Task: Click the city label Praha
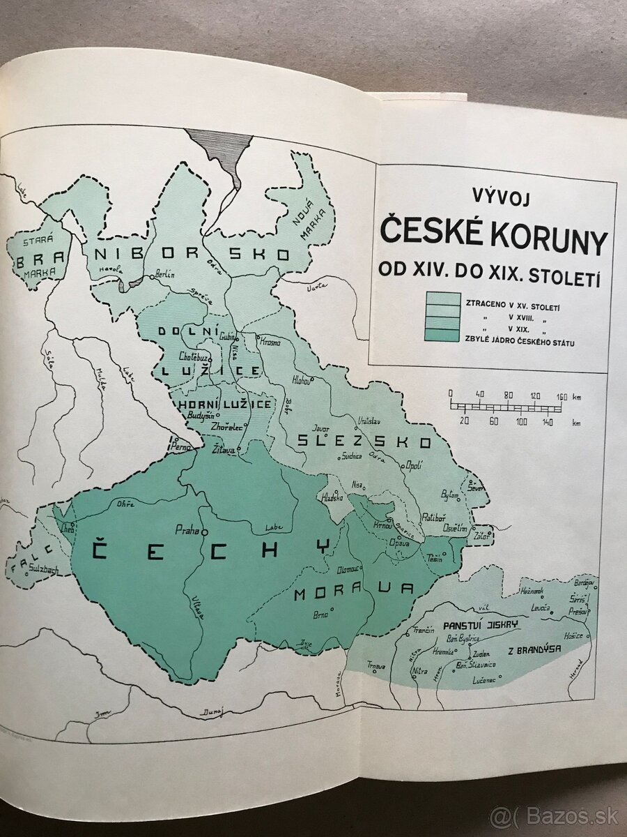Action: pos(187,528)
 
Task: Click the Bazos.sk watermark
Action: pos(555,816)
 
